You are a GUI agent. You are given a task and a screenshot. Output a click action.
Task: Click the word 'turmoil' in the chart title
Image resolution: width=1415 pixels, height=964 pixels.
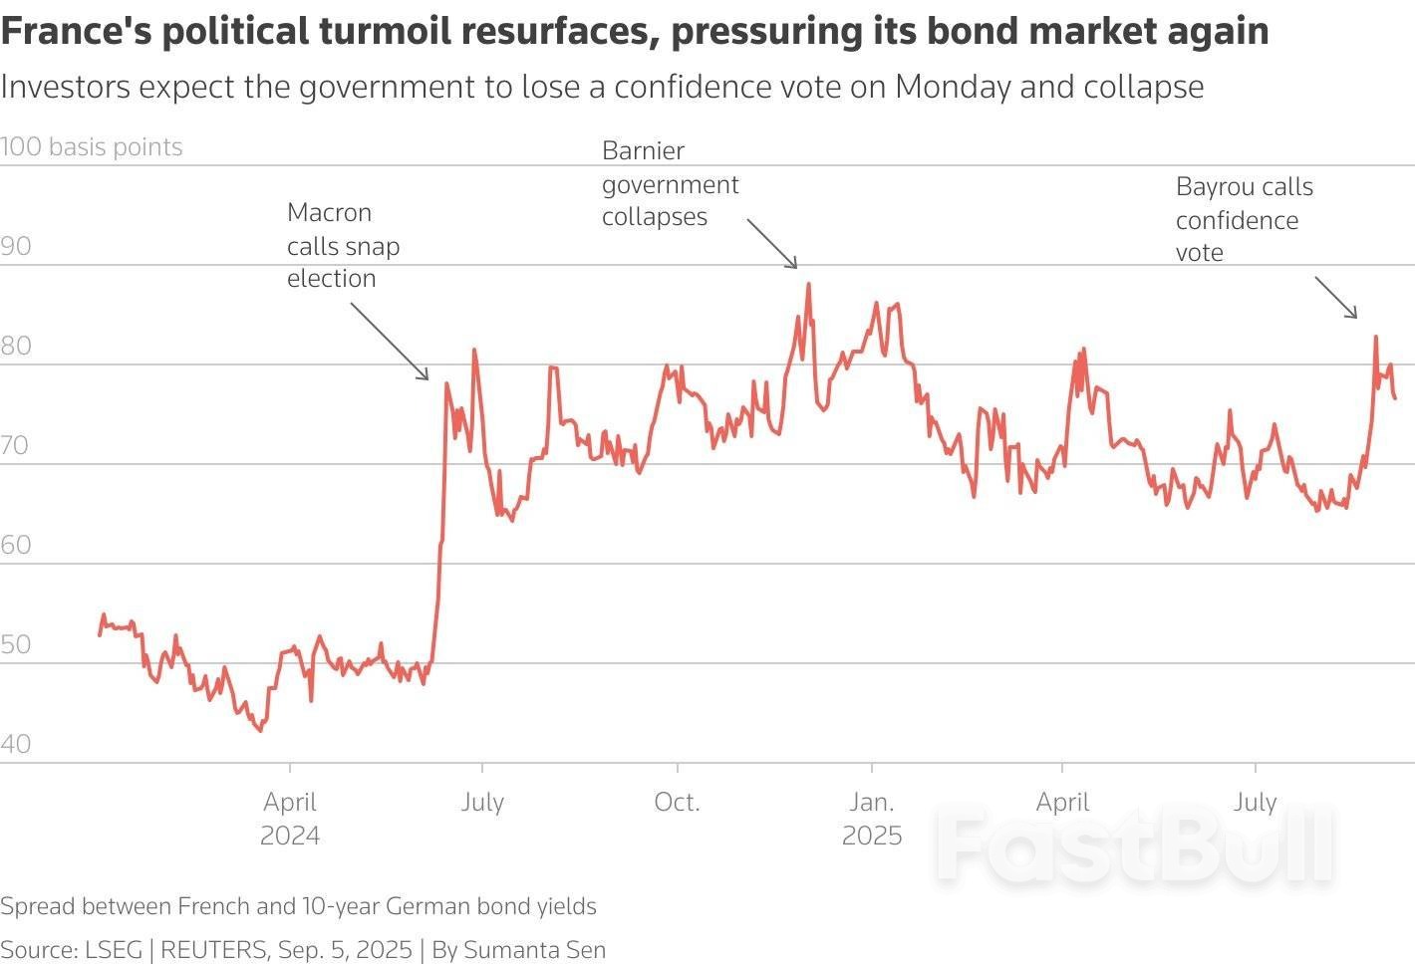(387, 32)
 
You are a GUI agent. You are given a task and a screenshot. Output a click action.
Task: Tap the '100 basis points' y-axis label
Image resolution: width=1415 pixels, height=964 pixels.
(92, 147)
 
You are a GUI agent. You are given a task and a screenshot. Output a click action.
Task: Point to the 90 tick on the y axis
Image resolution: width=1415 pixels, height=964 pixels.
(16, 247)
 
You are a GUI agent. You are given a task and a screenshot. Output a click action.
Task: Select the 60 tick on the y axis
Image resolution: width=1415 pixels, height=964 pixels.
(16, 546)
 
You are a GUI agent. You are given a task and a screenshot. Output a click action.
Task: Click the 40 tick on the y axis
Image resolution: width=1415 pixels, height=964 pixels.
(16, 745)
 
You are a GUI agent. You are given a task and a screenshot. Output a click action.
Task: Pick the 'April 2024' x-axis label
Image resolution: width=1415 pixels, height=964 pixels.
(290, 818)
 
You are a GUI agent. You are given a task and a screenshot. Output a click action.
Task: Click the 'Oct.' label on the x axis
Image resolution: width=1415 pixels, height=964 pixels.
(678, 803)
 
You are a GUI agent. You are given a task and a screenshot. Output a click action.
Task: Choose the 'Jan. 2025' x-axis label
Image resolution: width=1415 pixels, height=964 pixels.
(872, 818)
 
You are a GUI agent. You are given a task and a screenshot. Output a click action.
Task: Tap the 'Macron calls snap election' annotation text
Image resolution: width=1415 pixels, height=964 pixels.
(343, 245)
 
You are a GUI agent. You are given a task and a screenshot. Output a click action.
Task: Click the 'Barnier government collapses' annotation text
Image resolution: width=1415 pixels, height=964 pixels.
(670, 184)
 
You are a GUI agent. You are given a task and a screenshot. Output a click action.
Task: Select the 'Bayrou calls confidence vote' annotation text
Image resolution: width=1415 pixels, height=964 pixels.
(1244, 219)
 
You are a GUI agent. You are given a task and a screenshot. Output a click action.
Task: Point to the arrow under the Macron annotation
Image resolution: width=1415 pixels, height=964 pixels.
(390, 342)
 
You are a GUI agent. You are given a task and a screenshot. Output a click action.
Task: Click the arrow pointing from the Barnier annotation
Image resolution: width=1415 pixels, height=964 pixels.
(772, 244)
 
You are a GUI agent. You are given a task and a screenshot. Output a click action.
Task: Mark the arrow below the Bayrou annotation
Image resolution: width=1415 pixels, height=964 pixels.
(1336, 298)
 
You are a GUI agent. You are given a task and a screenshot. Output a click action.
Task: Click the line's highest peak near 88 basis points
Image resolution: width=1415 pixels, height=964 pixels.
(808, 284)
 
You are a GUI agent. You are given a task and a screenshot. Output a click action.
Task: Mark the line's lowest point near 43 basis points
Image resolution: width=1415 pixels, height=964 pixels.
(261, 730)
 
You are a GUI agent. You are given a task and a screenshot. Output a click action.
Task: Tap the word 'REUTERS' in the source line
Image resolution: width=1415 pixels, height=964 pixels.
(213, 950)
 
